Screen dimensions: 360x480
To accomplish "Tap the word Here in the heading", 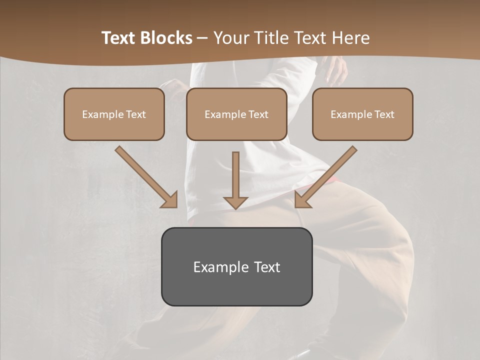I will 350,38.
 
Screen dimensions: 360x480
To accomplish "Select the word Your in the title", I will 230,38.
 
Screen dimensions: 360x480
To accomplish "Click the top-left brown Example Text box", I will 114,114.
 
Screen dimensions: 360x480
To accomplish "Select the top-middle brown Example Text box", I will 236,114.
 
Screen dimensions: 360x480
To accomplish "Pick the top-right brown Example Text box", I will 362,114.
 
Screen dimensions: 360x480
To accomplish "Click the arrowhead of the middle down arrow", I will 235,202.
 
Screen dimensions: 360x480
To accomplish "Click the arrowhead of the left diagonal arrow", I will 170,200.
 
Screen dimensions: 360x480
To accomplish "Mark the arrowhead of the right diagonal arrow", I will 301,200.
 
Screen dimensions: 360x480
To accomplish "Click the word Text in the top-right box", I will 384,114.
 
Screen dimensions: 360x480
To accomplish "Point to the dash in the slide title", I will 202,38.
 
